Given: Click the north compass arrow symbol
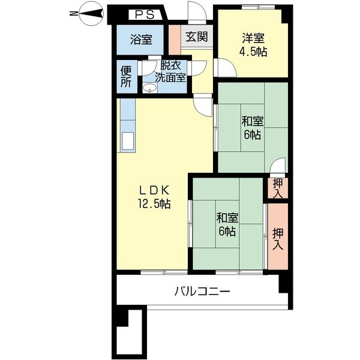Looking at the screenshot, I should (90, 12).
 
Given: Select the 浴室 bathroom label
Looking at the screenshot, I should (141, 40).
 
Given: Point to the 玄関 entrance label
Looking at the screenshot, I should (196, 37).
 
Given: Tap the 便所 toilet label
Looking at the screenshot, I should (126, 76).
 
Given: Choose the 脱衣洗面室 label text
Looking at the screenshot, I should (171, 72).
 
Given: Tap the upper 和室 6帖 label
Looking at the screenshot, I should (252, 128).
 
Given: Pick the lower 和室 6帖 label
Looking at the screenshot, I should (226, 224).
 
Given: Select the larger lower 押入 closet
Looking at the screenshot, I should (277, 237).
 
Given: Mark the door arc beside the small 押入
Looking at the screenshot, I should (278, 166).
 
